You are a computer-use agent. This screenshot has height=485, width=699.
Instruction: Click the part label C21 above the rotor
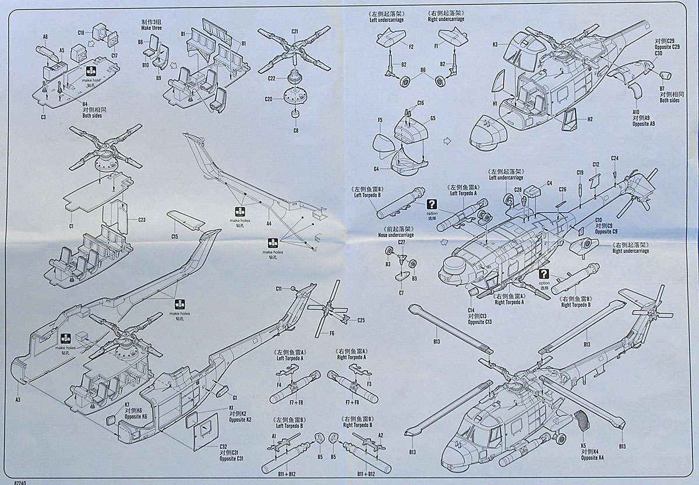[295, 30]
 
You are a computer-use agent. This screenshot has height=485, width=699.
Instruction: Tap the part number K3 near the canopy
[495, 44]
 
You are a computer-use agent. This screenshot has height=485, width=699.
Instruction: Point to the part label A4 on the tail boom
[269, 223]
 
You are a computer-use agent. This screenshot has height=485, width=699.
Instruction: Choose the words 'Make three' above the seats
[151, 29]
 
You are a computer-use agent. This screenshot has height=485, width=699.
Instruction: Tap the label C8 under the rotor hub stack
[296, 130]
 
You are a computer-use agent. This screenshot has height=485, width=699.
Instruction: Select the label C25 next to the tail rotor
[361, 320]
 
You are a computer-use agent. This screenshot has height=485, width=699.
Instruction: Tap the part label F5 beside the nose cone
[380, 120]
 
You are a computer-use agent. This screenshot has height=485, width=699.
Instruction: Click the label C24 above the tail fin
[615, 159]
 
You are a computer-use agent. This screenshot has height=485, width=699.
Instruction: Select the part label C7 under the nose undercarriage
[401, 293]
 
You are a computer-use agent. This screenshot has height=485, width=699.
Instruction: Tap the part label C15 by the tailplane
[174, 236]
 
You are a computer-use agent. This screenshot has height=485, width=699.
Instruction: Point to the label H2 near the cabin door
[590, 119]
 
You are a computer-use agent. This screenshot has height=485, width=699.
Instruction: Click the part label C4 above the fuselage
[549, 184]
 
